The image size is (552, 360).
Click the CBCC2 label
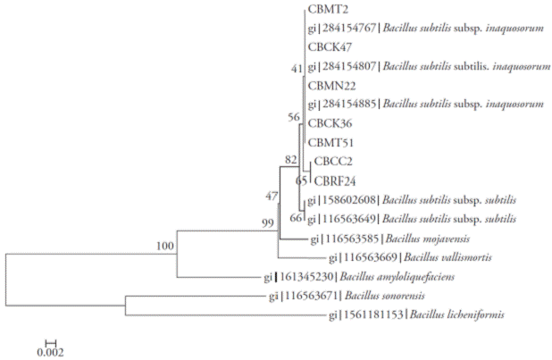(x=331, y=163)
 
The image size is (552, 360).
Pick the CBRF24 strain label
(x=333, y=180)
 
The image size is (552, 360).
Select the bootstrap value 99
(x=267, y=222)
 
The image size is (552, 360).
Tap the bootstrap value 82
(x=291, y=159)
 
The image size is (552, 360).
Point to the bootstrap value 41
(x=297, y=69)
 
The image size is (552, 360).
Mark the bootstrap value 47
(x=272, y=195)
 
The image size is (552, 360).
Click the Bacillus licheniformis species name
(x=457, y=314)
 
